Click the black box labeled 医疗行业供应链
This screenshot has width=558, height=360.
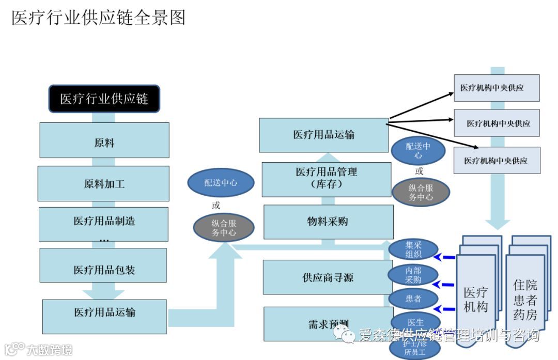(x=104, y=99)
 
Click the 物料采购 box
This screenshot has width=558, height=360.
(x=328, y=222)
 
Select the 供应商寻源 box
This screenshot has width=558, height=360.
(x=328, y=277)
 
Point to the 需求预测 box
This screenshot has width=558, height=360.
(x=328, y=324)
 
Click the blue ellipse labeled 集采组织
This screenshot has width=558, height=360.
(x=413, y=249)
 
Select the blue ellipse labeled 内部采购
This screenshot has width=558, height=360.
(x=413, y=275)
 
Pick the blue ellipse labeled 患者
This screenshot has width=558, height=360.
(x=413, y=299)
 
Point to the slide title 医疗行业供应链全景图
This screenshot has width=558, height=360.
(x=98, y=18)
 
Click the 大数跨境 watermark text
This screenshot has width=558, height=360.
(x=49, y=350)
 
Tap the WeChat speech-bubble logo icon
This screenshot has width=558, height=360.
(x=345, y=336)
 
